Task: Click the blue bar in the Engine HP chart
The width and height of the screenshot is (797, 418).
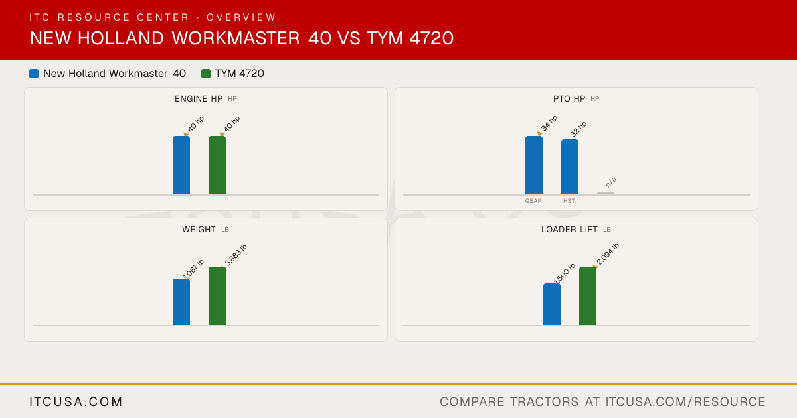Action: (x=181, y=165)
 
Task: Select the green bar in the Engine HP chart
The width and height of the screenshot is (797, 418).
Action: (x=217, y=165)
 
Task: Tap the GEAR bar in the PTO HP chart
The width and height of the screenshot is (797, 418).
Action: (x=534, y=165)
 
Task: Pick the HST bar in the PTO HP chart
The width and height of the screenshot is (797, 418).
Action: (x=570, y=167)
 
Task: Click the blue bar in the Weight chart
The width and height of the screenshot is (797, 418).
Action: (x=181, y=302)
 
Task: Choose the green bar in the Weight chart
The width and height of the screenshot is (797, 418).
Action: (x=217, y=296)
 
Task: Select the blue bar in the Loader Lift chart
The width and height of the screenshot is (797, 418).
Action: (x=552, y=305)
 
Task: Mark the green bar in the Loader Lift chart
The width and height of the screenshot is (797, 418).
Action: (x=588, y=296)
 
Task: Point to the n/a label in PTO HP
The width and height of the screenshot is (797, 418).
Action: (x=611, y=182)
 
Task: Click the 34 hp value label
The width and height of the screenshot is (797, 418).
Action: (x=549, y=123)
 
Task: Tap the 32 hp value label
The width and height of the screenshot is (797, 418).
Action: (x=578, y=129)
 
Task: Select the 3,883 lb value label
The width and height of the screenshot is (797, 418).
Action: (x=236, y=255)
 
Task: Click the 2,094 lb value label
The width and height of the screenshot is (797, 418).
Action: (x=607, y=254)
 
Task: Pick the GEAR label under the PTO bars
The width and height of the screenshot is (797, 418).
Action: (x=533, y=201)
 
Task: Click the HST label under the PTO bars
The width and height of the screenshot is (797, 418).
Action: (x=569, y=201)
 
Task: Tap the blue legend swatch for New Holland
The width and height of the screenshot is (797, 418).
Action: (x=34, y=74)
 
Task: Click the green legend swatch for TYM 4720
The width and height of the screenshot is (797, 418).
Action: (x=206, y=74)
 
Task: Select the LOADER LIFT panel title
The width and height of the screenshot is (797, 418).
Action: (x=569, y=230)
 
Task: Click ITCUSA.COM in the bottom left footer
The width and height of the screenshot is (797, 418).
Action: (x=76, y=401)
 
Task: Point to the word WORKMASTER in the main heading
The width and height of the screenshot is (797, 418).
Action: (x=236, y=38)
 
